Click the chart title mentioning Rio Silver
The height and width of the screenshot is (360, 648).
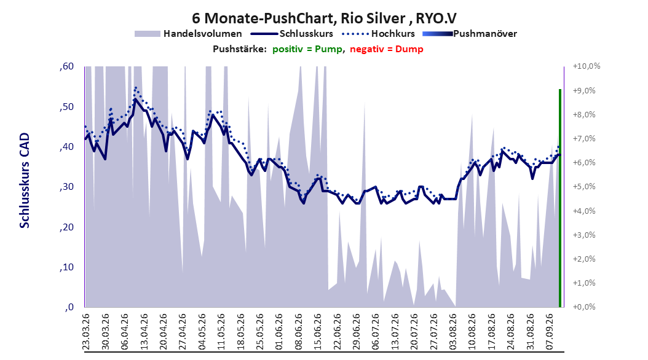click(x=324, y=18)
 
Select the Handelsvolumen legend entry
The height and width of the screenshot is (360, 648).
click(x=189, y=34)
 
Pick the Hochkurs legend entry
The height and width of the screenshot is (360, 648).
click(x=378, y=34)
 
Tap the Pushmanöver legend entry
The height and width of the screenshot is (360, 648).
click(x=470, y=34)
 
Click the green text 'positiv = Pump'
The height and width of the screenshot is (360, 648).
click(x=307, y=49)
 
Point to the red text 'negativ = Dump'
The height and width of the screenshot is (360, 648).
click(x=387, y=49)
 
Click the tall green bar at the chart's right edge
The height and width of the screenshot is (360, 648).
click(x=560, y=198)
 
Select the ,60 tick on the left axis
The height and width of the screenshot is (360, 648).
click(x=66, y=66)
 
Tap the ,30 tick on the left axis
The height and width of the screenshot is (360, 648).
click(x=66, y=187)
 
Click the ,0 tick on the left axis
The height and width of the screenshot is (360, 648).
click(x=69, y=307)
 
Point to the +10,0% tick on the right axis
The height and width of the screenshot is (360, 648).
click(x=587, y=66)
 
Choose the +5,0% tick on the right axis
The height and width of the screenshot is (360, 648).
click(x=584, y=187)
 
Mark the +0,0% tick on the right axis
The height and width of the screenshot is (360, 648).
click(x=584, y=307)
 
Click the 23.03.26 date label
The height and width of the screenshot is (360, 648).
click(x=86, y=332)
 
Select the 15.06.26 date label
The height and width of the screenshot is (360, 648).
click(x=317, y=332)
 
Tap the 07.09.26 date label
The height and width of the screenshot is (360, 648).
click(x=549, y=332)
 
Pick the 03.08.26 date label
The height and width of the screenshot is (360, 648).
click(x=452, y=332)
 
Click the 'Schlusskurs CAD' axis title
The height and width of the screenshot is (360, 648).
click(x=25, y=181)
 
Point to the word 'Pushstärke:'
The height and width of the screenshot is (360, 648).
click(x=240, y=49)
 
